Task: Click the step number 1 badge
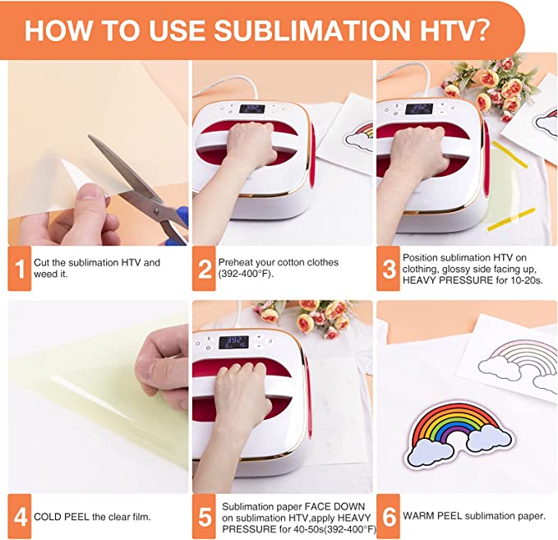coord(19,269)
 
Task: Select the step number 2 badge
coord(203,269)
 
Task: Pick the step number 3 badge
coord(387,269)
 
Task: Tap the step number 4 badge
coord(19,517)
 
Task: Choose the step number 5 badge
coord(203,517)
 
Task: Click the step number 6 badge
coord(387,517)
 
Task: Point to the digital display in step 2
coord(251,108)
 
